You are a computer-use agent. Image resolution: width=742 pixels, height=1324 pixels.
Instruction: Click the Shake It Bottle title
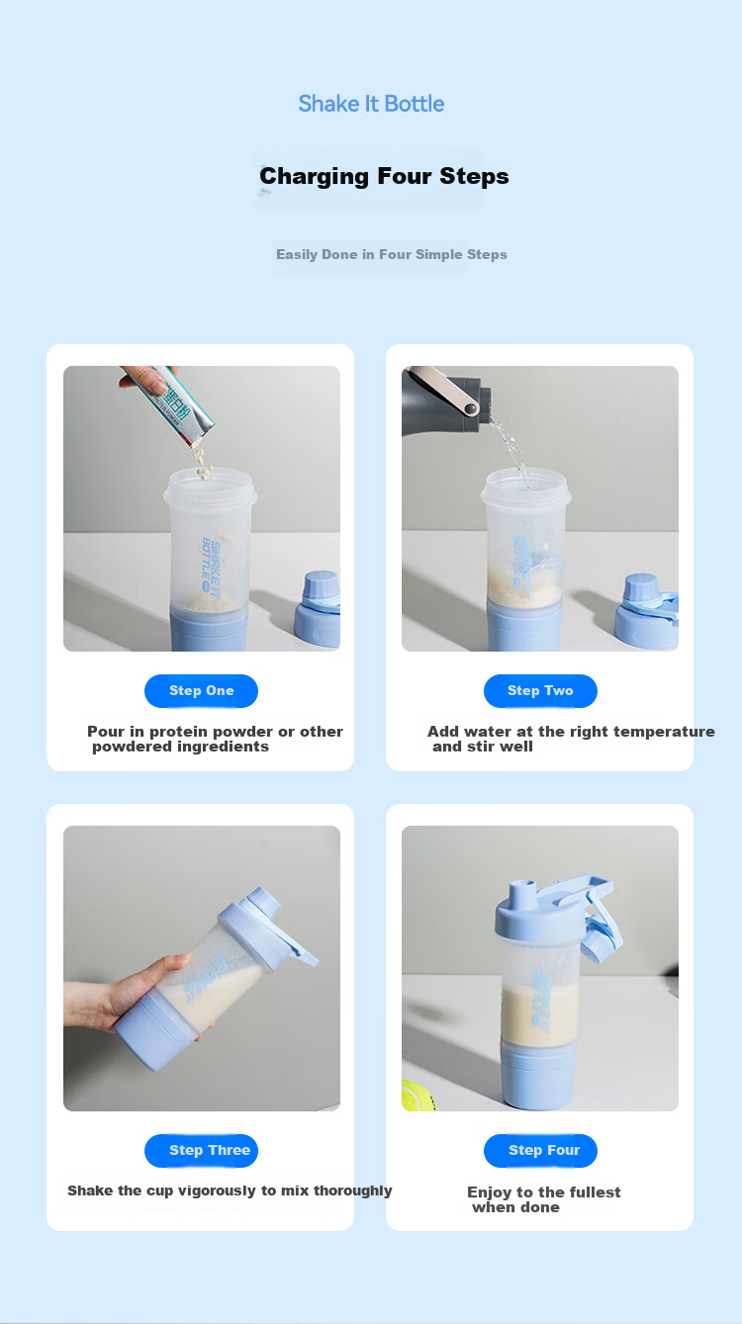[x=371, y=104]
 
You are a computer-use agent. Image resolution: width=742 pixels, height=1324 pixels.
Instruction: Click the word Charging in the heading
[x=314, y=176]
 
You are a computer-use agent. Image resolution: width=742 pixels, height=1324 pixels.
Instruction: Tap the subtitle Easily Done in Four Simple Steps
[x=392, y=254]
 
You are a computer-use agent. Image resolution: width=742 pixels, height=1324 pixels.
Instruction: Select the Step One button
[x=201, y=690]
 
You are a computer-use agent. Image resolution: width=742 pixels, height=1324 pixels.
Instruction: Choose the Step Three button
[x=201, y=1150]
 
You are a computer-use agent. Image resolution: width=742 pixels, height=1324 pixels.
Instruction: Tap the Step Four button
[x=540, y=1150]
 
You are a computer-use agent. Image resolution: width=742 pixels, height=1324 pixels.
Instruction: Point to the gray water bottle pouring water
[x=446, y=401]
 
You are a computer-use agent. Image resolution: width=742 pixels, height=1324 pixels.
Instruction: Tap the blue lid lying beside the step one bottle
[x=319, y=609]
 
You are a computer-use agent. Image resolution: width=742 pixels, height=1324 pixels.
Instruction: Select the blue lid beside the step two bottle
[x=647, y=612]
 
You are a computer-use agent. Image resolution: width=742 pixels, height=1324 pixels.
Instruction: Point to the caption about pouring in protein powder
[x=216, y=739]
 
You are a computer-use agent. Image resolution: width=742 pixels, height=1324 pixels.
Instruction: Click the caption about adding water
[x=571, y=739]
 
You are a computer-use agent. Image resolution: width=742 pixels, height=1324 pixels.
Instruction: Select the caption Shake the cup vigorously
[x=230, y=1191]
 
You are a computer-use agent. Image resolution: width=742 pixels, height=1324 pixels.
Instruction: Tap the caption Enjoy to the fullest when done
[x=544, y=1199]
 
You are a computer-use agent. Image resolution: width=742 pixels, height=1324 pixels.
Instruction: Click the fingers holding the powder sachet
[x=141, y=379]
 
